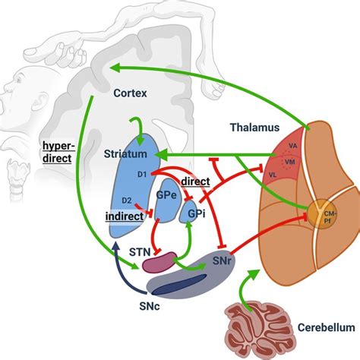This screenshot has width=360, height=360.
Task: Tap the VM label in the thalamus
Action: [289, 162]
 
